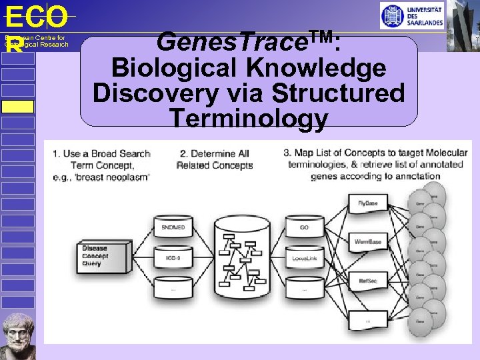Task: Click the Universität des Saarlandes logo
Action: tap(411, 16)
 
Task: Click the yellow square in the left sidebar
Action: tap(17, 107)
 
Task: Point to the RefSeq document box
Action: tap(367, 282)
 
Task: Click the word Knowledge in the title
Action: tap(306, 68)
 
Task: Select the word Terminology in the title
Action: tap(249, 118)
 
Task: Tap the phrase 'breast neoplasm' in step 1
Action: tap(118, 177)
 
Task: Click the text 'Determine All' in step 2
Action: tap(214, 153)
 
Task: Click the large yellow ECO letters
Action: tap(36, 17)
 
